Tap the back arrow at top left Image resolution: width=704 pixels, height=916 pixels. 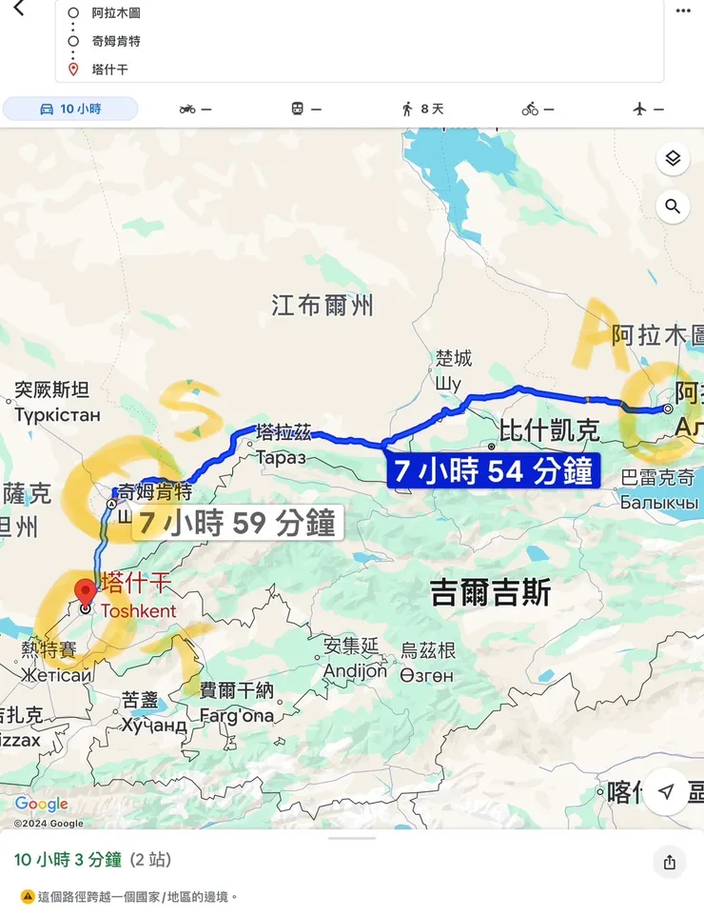[19, 9]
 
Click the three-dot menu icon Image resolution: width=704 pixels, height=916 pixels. [683, 10]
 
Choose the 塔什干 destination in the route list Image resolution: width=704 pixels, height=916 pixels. [109, 70]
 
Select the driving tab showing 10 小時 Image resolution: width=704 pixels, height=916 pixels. [70, 110]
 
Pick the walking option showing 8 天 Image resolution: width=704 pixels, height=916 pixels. [422, 110]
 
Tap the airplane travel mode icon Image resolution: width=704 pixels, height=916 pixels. [647, 110]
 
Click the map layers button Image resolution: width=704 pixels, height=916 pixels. [673, 159]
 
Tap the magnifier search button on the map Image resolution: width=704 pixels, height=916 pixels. [673, 207]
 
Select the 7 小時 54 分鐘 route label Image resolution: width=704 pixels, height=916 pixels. [494, 471]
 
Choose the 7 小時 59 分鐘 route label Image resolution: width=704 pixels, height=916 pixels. [237, 523]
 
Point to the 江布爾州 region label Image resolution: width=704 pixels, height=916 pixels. [323, 306]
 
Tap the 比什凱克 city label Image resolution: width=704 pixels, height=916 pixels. [549, 430]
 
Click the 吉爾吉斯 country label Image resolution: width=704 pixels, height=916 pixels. [491, 593]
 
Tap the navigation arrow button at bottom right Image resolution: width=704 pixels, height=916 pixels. [667, 792]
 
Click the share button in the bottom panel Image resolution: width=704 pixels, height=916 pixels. [670, 863]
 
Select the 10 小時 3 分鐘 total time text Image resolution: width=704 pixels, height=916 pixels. [68, 860]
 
